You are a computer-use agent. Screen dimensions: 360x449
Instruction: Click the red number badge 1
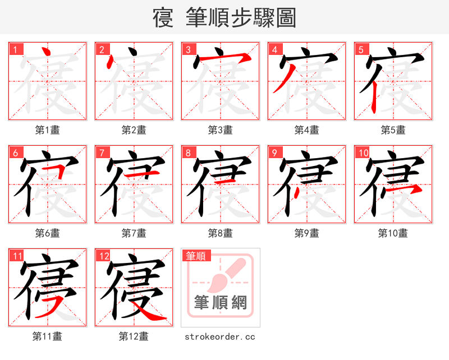15,49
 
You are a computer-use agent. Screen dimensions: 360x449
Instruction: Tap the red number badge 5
361,49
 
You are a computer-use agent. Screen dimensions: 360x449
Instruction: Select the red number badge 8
188,153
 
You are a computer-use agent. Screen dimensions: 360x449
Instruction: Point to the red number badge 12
103,256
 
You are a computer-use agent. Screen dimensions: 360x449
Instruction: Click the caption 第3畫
220,130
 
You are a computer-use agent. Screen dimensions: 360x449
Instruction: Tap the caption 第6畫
47,233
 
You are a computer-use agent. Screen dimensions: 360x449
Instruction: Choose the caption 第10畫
393,233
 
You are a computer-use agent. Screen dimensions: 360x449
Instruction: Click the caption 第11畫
47,336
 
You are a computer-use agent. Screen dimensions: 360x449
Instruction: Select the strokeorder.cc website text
220,336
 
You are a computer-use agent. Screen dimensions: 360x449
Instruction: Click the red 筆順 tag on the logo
196,256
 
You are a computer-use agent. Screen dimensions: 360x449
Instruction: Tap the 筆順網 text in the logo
220,303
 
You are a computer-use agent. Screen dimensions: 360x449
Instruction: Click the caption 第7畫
134,233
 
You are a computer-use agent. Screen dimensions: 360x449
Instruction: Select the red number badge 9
274,153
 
